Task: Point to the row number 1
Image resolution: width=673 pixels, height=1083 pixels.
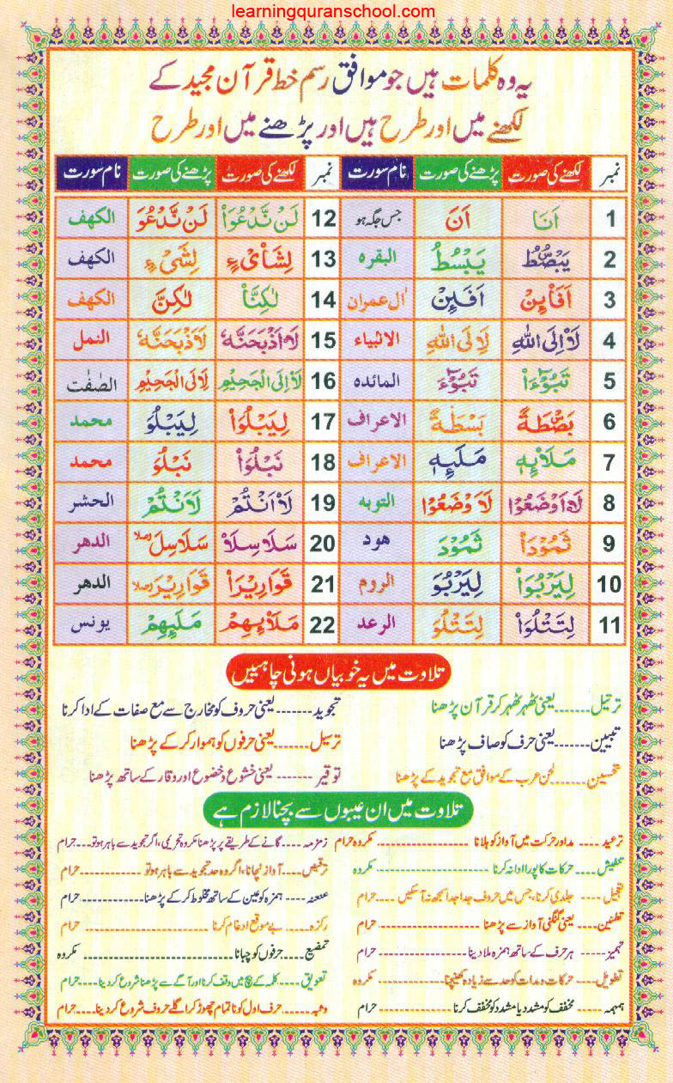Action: [x=609, y=219]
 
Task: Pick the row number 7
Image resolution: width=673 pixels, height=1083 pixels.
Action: [x=609, y=463]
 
